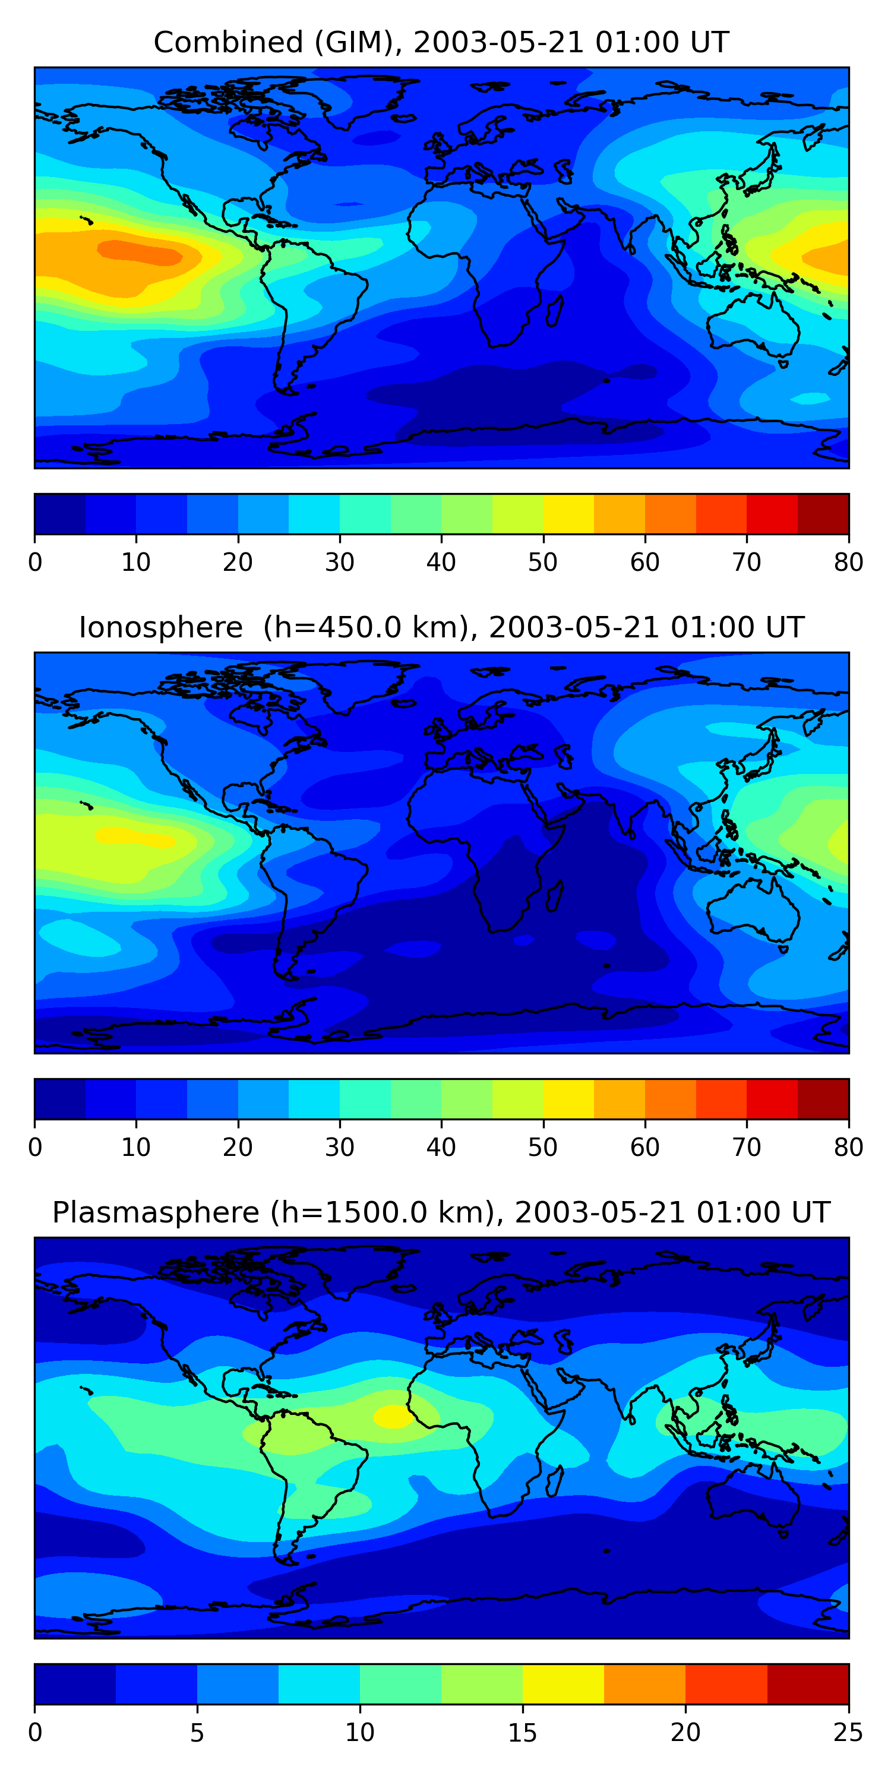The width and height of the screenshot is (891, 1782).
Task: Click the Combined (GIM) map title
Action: click(x=441, y=42)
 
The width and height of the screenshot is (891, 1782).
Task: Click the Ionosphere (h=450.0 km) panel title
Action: click(x=441, y=627)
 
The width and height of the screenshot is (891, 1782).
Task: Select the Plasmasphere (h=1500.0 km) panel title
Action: click(x=441, y=1213)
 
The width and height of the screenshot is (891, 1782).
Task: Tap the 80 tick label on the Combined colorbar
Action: click(x=848, y=563)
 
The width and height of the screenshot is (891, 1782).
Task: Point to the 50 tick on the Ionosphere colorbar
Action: click(x=543, y=1148)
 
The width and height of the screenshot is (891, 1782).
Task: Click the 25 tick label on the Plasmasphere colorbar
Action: click(x=848, y=1733)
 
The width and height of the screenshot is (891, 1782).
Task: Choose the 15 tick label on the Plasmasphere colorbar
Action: click(x=522, y=1733)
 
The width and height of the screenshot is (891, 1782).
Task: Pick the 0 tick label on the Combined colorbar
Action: click(x=35, y=563)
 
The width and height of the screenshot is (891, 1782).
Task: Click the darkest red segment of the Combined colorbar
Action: click(x=823, y=514)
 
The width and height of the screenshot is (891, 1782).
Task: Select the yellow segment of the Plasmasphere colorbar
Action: click(x=563, y=1684)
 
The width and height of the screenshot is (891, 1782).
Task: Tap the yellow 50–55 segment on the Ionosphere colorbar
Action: click(x=568, y=1098)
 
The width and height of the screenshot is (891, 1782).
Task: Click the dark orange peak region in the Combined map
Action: click(x=142, y=252)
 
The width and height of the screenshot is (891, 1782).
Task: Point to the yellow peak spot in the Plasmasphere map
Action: click(x=393, y=1416)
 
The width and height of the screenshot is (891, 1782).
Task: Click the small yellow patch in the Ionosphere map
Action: click(x=135, y=837)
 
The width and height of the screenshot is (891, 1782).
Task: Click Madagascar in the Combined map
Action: click(x=555, y=311)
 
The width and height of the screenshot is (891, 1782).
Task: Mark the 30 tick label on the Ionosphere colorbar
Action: click(x=340, y=1148)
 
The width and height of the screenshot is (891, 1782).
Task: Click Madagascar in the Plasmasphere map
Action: click(x=555, y=1482)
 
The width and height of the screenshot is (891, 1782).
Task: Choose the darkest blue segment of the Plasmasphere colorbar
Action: click(x=75, y=1684)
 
